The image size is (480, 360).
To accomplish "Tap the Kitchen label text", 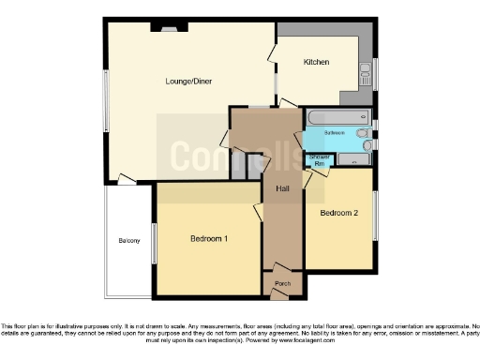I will [316, 62].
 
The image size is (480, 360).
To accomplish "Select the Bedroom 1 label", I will [209, 239].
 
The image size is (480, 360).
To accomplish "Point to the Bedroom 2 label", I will [338, 213].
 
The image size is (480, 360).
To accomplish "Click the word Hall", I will [282, 189].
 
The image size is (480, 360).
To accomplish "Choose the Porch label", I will [281, 282].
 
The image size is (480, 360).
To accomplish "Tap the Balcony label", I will [129, 241].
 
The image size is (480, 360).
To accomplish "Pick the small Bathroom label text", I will [336, 134].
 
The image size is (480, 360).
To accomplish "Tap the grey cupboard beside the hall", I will [252, 166].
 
